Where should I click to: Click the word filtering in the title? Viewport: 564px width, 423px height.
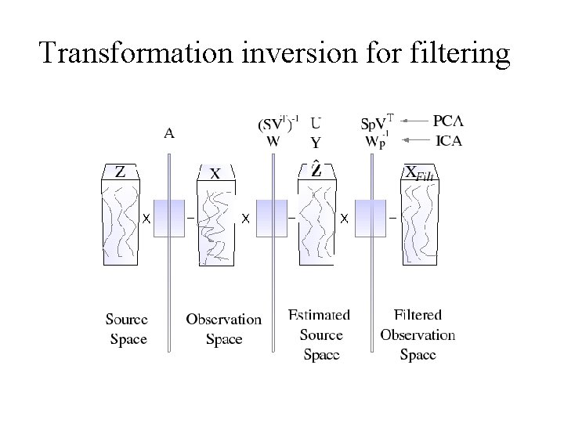(x=460, y=52)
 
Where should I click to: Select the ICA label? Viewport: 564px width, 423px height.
(x=448, y=141)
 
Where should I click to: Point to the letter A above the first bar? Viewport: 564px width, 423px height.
(x=170, y=133)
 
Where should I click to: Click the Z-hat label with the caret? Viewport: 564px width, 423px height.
(x=316, y=171)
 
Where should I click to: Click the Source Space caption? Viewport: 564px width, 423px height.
(x=127, y=329)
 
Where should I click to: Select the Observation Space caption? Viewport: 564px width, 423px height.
(x=223, y=329)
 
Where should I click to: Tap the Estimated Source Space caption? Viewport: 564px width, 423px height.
(x=320, y=334)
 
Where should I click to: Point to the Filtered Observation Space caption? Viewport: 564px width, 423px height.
(x=418, y=334)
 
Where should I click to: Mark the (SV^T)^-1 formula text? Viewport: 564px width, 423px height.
(x=278, y=124)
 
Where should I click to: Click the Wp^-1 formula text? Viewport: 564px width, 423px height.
(x=376, y=141)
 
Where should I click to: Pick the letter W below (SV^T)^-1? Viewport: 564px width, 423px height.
(x=273, y=142)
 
